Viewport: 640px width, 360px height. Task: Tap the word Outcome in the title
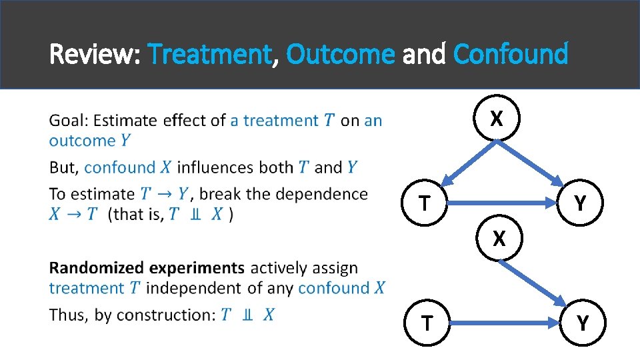(x=340, y=54)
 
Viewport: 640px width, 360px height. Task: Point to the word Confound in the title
(x=510, y=54)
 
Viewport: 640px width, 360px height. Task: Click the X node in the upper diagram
(x=496, y=118)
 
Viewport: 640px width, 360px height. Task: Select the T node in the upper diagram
(x=425, y=202)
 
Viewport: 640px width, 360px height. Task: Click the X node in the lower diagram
(x=497, y=238)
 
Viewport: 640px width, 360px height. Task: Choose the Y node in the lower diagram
(x=583, y=323)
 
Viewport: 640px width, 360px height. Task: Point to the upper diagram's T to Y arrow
(x=503, y=199)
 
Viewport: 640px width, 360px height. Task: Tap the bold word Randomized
(x=96, y=268)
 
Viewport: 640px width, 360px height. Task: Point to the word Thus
(x=68, y=315)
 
